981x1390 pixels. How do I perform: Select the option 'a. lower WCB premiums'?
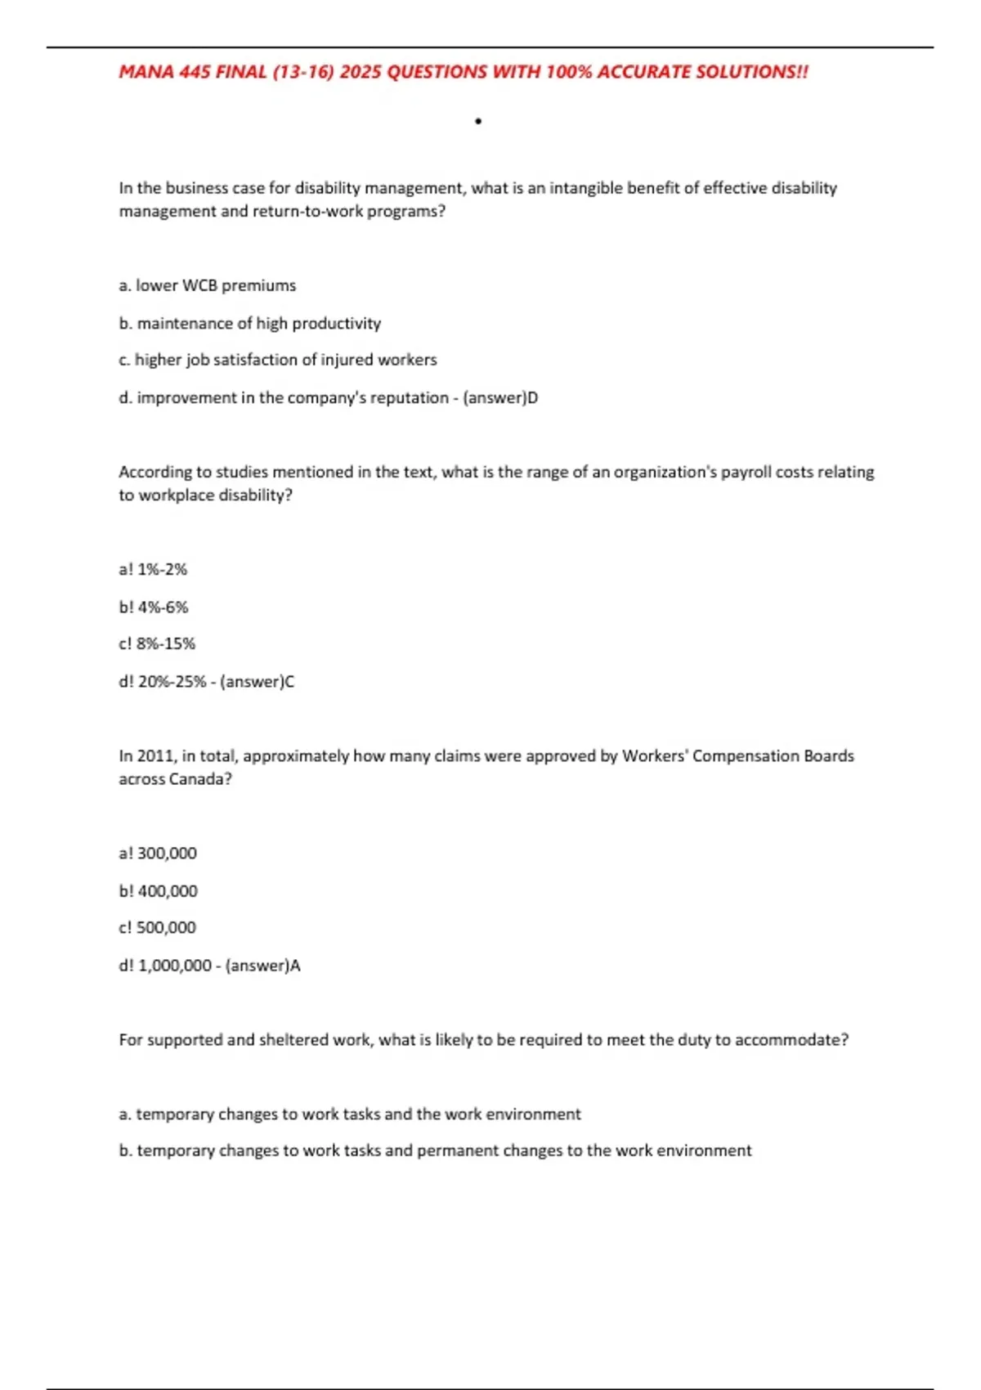click(x=207, y=285)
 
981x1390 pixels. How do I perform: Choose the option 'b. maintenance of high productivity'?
click(x=249, y=323)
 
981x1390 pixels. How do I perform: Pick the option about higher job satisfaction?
click(x=277, y=360)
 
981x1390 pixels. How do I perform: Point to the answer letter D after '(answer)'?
click(x=532, y=397)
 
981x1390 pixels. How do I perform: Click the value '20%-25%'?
click(x=172, y=681)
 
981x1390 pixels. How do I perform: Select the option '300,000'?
click(x=167, y=853)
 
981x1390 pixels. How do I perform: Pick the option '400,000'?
click(x=168, y=890)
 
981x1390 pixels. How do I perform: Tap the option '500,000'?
click(x=167, y=927)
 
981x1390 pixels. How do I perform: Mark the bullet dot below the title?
click(x=478, y=122)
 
